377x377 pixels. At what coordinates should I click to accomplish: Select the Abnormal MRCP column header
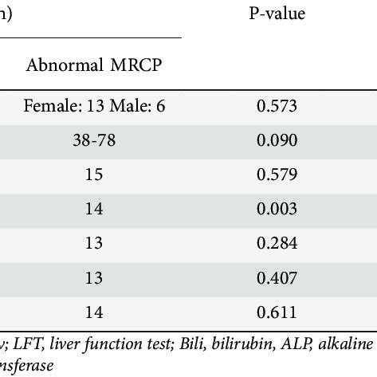95,65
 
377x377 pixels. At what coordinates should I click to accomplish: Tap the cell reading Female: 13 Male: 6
95,106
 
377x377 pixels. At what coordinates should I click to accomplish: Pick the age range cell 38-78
95,140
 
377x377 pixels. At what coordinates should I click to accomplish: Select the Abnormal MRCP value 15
95,175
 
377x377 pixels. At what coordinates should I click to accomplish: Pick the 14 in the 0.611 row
95,312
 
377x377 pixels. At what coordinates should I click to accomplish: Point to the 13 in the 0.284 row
95,243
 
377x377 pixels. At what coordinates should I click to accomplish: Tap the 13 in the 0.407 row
95,277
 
